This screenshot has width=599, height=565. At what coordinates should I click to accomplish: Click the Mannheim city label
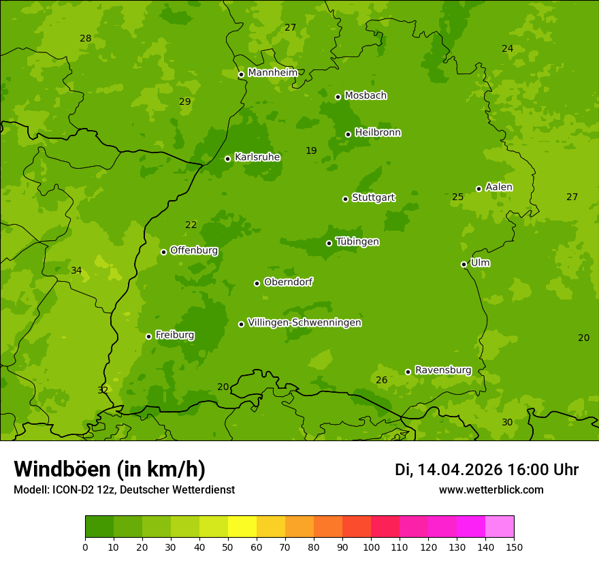click(272, 72)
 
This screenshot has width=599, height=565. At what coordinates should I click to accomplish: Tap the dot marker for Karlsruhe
click(227, 159)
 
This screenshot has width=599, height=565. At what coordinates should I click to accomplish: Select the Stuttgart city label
click(373, 197)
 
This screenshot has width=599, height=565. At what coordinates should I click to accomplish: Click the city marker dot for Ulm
click(464, 264)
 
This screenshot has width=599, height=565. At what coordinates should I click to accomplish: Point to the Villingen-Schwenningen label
click(304, 323)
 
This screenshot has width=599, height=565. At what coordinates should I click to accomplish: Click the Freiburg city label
click(174, 335)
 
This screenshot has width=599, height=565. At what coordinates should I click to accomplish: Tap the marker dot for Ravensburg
click(408, 372)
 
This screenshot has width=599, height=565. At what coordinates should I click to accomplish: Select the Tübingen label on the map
click(357, 242)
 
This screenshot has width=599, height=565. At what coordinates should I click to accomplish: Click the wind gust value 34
click(76, 271)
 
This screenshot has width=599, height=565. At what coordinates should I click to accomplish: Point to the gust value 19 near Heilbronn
click(311, 151)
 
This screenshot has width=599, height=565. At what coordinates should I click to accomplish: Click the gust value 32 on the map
click(103, 391)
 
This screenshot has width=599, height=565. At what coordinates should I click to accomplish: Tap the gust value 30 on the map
click(507, 423)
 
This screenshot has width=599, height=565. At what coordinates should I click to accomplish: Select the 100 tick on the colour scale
click(371, 547)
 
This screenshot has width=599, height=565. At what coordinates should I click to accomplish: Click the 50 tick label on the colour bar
click(228, 547)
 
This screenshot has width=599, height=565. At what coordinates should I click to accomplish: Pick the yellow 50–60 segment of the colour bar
click(242, 527)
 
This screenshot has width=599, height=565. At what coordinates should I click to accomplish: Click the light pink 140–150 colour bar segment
click(500, 527)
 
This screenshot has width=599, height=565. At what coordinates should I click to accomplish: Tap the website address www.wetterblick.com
click(491, 490)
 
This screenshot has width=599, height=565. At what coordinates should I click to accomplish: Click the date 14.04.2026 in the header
click(459, 470)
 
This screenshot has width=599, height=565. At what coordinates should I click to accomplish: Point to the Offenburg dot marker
click(163, 252)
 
